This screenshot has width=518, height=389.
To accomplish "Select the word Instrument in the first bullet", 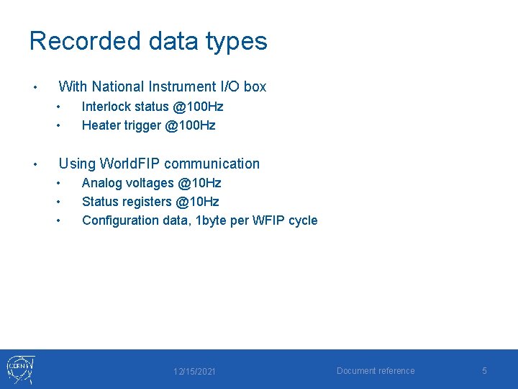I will tap(181, 86).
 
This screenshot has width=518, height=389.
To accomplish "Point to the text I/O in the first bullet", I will tap(230, 86).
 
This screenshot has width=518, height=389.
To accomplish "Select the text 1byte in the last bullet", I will tap(213, 220).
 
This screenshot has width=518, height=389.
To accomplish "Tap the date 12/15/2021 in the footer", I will tap(194, 371).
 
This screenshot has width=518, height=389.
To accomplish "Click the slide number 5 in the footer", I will tap(484, 370).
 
